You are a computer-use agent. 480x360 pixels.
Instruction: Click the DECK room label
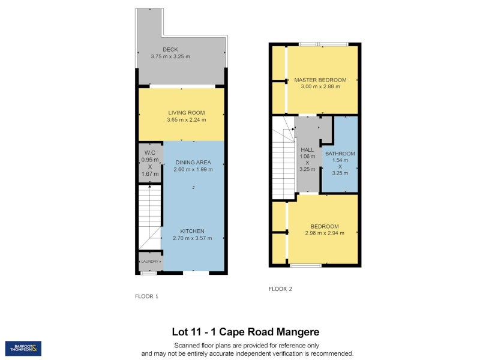coord(170,49)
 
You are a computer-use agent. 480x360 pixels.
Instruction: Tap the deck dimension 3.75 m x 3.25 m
coord(170,56)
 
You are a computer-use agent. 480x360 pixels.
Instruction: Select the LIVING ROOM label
coord(187,112)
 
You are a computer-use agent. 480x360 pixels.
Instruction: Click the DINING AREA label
coord(193,162)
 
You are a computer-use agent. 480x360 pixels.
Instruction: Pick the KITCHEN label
coord(193,231)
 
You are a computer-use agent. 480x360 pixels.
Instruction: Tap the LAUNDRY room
coord(150,262)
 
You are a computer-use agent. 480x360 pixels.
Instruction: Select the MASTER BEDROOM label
coord(320,80)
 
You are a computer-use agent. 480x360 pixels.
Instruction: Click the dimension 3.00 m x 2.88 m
coord(320,87)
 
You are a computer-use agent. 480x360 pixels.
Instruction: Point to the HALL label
coord(307,149)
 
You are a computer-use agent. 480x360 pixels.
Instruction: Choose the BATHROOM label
coord(340,154)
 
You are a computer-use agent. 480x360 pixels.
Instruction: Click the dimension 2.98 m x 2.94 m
coord(325,233)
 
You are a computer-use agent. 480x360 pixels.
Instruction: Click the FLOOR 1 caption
coord(147,296)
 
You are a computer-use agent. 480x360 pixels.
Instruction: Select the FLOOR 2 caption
coord(280,289)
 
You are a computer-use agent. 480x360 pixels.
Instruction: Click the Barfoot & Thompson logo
coord(23,348)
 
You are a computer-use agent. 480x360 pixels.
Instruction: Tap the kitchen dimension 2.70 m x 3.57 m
coord(193,238)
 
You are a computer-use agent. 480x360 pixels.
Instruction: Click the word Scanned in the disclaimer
coord(189,345)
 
